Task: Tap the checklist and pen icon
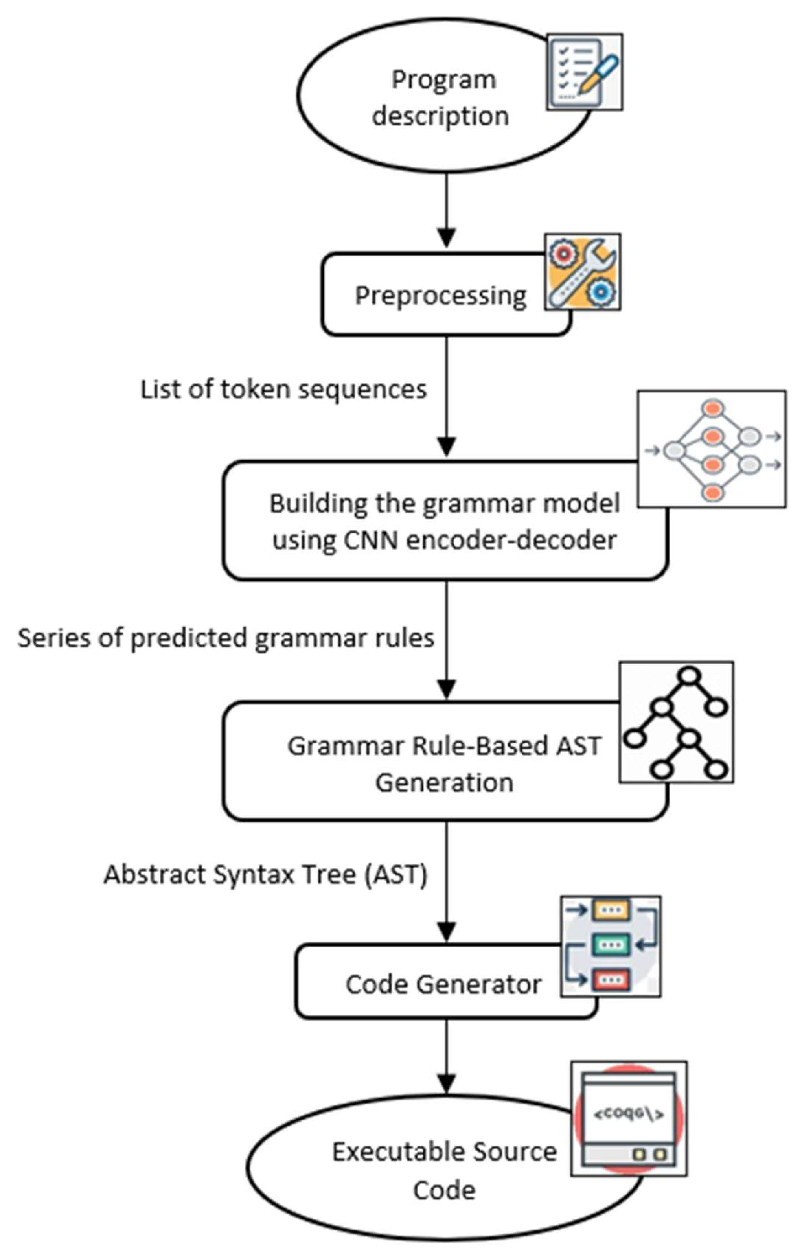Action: [584, 72]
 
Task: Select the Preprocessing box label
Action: [440, 296]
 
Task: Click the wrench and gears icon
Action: [583, 272]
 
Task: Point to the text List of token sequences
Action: [284, 390]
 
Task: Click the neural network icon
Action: [712, 449]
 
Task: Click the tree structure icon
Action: [676, 723]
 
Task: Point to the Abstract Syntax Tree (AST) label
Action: [265, 874]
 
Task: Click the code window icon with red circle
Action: [629, 1118]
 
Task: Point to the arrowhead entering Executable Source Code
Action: [446, 1083]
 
